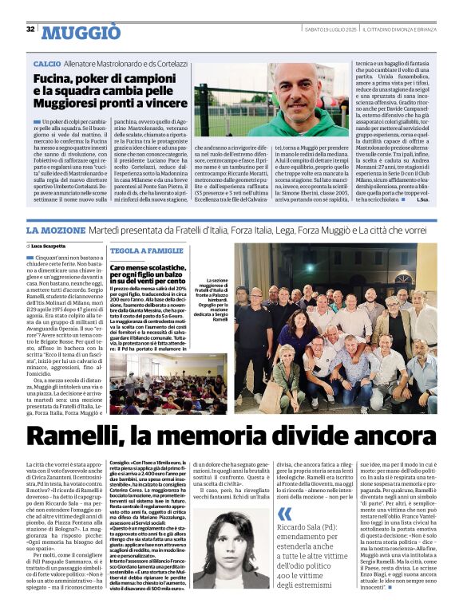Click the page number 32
(x=30, y=30)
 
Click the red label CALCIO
(x=48, y=62)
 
